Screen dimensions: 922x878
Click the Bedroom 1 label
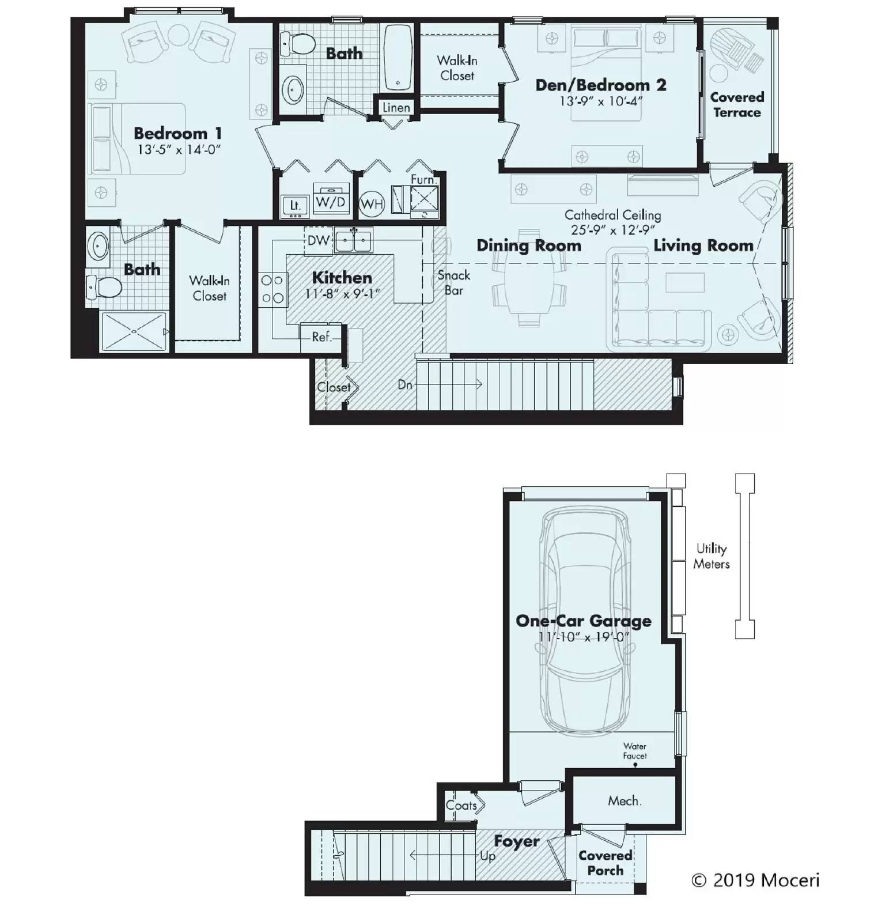click(x=177, y=133)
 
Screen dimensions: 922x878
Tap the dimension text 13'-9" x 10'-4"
click(x=601, y=101)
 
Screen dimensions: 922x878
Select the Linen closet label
click(x=396, y=108)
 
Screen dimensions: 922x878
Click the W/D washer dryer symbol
click(x=331, y=202)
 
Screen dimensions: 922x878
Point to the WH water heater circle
click(x=372, y=204)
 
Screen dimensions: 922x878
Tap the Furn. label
click(x=422, y=179)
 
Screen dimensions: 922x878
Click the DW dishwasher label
click(x=318, y=240)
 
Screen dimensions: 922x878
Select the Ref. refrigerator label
click(x=321, y=337)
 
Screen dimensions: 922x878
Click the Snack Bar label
click(x=454, y=282)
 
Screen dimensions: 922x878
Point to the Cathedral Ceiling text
click(x=612, y=215)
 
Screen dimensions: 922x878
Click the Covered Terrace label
click(x=737, y=105)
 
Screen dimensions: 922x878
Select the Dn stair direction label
click(x=405, y=384)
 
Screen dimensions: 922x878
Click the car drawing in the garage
click(x=584, y=622)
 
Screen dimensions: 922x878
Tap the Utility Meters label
click(x=711, y=556)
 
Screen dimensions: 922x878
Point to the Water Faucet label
click(x=634, y=751)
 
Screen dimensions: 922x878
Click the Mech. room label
click(x=625, y=800)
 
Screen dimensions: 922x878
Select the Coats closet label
click(x=461, y=805)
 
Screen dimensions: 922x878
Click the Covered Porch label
click(x=605, y=863)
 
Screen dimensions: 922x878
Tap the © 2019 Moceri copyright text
click(x=755, y=880)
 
